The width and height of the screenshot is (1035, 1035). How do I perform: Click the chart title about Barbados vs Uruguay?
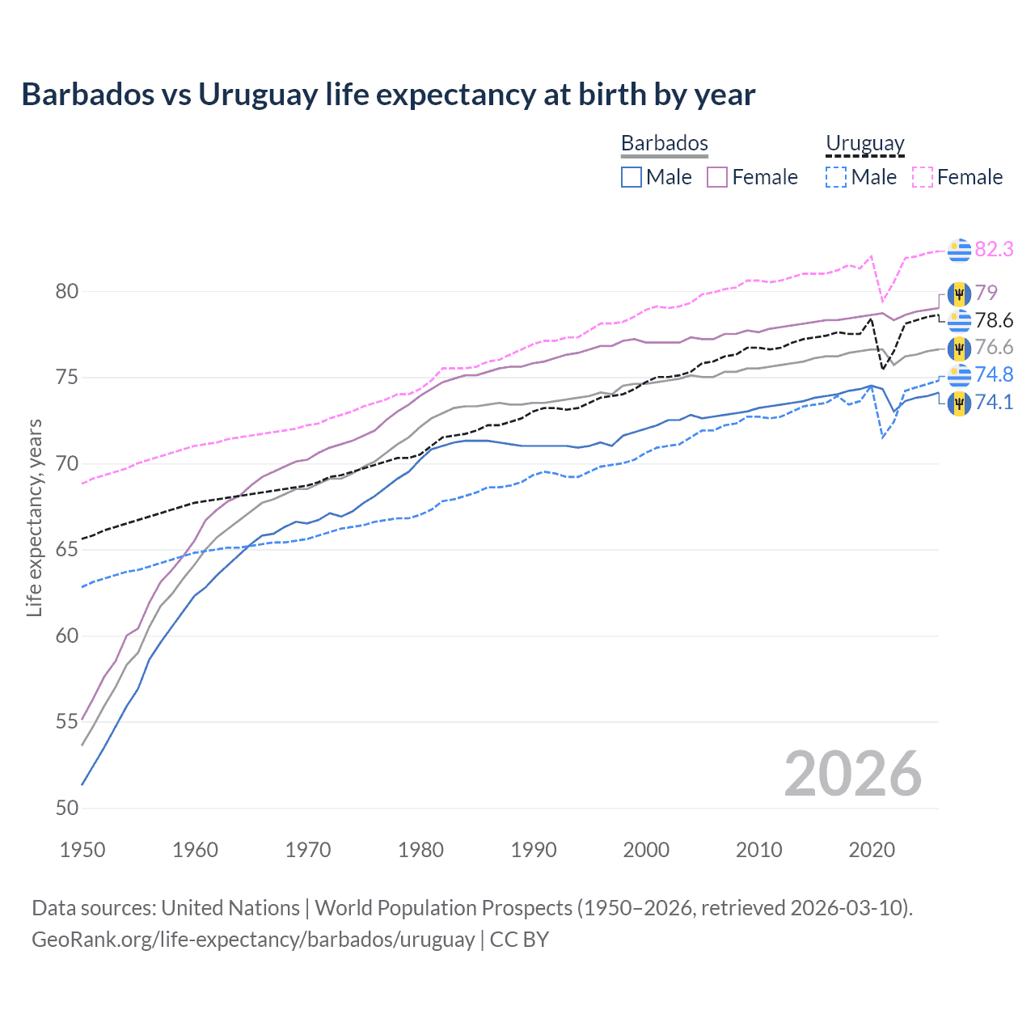point(388,95)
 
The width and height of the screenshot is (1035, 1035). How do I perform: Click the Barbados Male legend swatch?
point(632,177)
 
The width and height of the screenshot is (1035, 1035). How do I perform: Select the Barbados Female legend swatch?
point(717,177)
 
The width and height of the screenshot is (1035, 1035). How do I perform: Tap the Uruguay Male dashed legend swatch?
point(836,177)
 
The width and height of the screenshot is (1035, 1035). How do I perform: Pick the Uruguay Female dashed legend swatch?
point(922,177)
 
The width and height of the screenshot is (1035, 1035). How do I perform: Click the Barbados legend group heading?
point(664,143)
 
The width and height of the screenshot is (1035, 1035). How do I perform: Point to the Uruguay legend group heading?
point(864,143)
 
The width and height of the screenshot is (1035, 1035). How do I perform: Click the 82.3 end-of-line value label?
point(994,249)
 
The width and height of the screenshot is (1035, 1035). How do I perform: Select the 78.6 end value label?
point(994,321)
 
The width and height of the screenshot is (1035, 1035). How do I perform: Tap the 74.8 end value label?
point(994,374)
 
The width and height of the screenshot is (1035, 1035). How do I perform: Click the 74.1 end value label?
point(994,403)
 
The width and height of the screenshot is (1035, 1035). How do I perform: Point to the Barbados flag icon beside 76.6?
point(959,349)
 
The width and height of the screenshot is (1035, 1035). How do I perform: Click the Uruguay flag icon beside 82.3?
point(959,251)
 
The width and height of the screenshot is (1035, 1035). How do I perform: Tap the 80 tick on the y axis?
point(67,291)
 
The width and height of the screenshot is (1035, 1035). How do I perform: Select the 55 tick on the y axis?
point(67,721)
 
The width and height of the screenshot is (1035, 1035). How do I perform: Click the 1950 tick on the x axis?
point(82,850)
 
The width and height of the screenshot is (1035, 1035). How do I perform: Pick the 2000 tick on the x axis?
point(646,850)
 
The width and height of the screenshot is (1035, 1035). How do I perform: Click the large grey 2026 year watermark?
point(852,774)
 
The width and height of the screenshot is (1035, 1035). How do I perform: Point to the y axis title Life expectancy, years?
point(34,517)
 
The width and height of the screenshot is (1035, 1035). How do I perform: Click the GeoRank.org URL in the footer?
point(253,940)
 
